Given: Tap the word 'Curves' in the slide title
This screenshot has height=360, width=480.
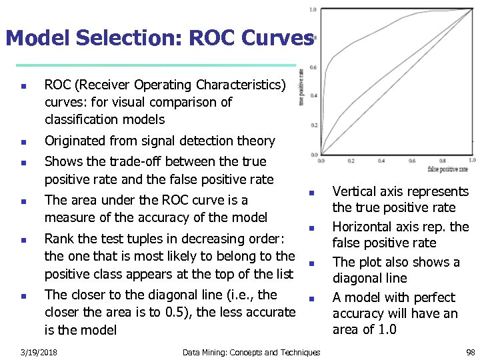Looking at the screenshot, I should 275,38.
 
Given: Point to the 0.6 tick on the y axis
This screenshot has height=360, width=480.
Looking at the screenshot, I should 313,67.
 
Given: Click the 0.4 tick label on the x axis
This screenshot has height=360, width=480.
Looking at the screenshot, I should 382,161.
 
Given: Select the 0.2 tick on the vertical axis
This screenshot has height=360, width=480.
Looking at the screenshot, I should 313,125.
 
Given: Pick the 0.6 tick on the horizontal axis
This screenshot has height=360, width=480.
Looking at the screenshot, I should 412,161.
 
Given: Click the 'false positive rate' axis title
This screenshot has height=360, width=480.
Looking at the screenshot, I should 447,169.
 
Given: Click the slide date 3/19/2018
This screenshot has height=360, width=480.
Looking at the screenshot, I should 39,352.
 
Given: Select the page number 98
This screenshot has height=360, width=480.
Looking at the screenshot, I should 471,352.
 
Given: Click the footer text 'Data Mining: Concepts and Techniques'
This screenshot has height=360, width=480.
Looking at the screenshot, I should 251,352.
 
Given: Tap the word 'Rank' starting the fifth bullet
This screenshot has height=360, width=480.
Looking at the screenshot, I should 59,239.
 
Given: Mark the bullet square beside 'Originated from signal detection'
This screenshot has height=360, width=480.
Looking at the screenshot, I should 23,142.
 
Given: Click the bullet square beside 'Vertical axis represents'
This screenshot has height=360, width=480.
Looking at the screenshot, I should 311,193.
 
